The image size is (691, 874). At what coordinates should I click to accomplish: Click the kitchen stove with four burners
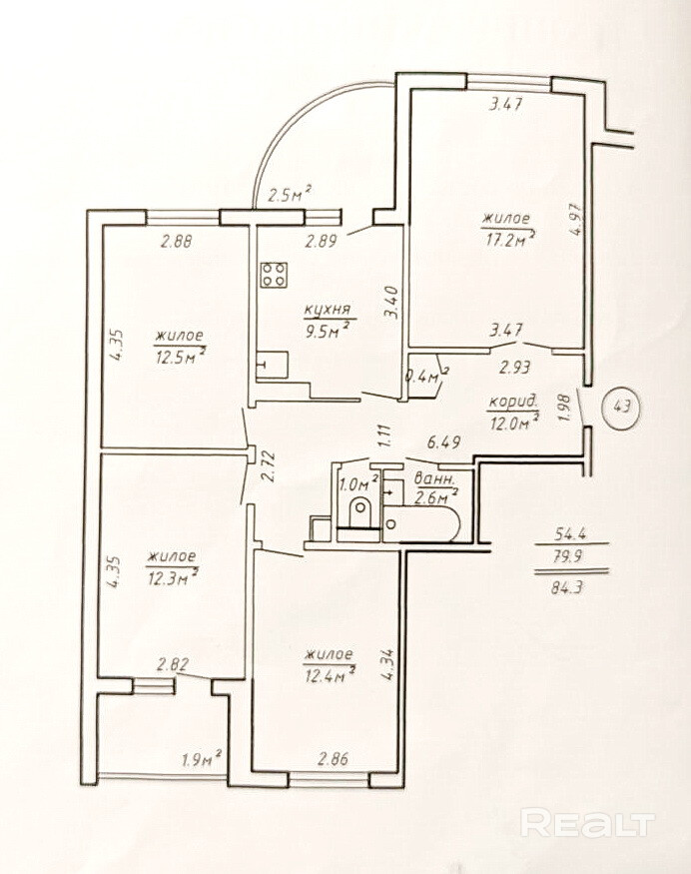[x=275, y=275]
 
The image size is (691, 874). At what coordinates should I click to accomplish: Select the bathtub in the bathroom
[x=421, y=524]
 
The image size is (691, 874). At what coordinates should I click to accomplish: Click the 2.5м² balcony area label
[x=290, y=195]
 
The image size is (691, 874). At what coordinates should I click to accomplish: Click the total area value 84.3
[x=567, y=587]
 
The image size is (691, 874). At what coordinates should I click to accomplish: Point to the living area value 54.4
[x=570, y=533]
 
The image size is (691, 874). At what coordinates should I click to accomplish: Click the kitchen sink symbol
[x=273, y=365]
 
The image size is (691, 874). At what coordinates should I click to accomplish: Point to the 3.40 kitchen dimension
[x=391, y=302]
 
